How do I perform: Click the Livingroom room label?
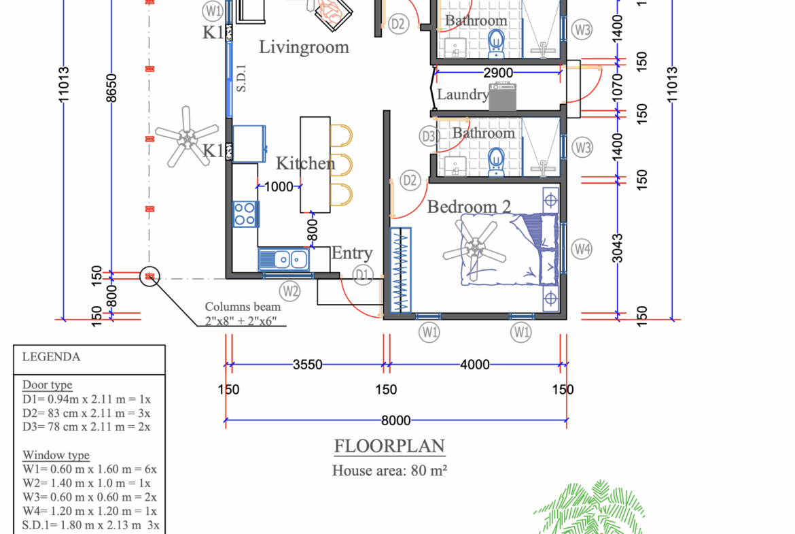click(x=304, y=47)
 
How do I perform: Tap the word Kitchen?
click(x=305, y=163)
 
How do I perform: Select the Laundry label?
click(x=462, y=95)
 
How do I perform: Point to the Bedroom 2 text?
click(x=469, y=207)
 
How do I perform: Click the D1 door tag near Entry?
click(x=364, y=275)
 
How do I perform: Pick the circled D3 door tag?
click(x=428, y=136)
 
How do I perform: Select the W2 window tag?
click(x=291, y=292)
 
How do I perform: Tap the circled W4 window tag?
click(x=582, y=249)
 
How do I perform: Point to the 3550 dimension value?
click(x=307, y=365)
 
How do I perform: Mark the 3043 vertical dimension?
click(x=618, y=249)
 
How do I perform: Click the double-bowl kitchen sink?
click(x=283, y=259)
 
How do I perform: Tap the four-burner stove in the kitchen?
click(x=245, y=214)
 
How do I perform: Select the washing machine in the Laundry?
click(x=503, y=97)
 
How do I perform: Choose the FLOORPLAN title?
click(x=389, y=447)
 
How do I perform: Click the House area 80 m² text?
click(x=389, y=470)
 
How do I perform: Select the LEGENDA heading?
click(x=51, y=356)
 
